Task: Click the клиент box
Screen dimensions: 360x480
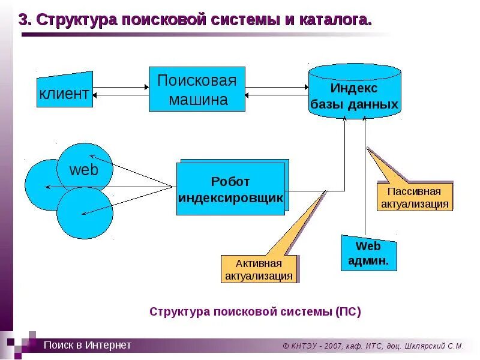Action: (65, 92)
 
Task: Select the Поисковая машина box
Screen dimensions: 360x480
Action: (197, 89)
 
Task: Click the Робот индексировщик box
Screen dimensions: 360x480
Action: (230, 188)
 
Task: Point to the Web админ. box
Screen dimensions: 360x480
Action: (368, 253)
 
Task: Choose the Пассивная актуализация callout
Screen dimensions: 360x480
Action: (414, 197)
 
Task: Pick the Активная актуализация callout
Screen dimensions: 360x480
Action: (259, 269)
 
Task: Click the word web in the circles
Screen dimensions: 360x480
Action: (83, 169)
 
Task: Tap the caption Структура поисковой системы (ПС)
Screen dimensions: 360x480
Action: (255, 311)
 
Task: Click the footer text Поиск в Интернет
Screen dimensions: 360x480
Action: (87, 345)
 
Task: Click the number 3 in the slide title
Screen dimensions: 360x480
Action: (24, 20)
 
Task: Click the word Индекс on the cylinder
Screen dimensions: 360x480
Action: (354, 88)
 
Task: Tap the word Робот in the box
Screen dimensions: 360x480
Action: (230, 181)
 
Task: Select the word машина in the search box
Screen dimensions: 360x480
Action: (198, 100)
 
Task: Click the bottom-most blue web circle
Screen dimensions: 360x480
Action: (85, 212)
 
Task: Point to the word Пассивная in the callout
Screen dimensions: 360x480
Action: (414, 191)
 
